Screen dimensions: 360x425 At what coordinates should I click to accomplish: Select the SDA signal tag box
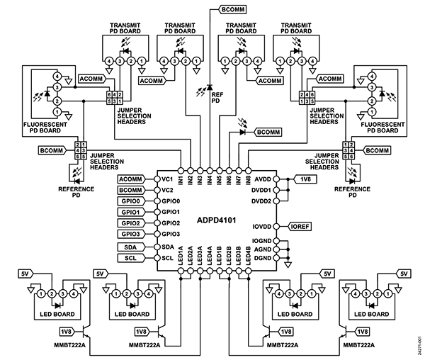(x=130, y=246)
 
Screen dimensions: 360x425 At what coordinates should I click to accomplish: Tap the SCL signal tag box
(x=130, y=257)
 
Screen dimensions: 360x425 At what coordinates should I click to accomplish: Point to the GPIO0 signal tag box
(x=130, y=201)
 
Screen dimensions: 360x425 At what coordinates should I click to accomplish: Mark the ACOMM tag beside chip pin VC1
(x=130, y=179)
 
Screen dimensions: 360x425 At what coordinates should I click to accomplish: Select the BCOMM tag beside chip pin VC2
(x=130, y=191)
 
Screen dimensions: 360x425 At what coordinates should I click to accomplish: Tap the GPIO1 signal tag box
(x=130, y=212)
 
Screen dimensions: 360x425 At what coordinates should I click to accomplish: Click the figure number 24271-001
(x=420, y=345)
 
